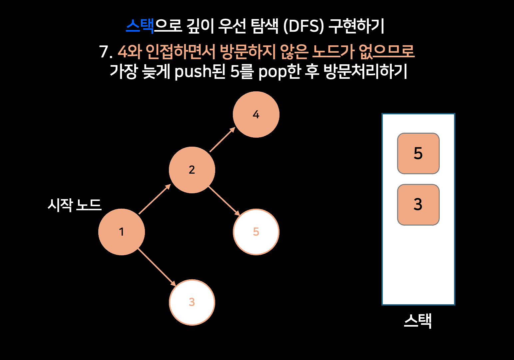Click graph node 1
(x=122, y=232)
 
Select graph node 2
(x=192, y=170)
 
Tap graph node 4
(x=256, y=114)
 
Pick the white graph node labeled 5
(x=256, y=232)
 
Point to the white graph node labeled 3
(x=192, y=302)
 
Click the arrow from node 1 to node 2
(x=155, y=199)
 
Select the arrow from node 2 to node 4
(x=222, y=140)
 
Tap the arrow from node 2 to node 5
(x=224, y=201)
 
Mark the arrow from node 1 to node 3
(x=157, y=267)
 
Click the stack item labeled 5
(x=418, y=154)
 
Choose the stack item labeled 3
(x=418, y=205)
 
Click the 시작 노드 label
(x=74, y=205)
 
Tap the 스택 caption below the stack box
(x=418, y=321)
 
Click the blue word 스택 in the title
(x=140, y=26)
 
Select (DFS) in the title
(x=303, y=26)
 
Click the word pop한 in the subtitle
(x=279, y=72)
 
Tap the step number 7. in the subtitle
(x=106, y=52)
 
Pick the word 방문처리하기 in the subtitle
(x=365, y=72)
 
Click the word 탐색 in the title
(x=265, y=26)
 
